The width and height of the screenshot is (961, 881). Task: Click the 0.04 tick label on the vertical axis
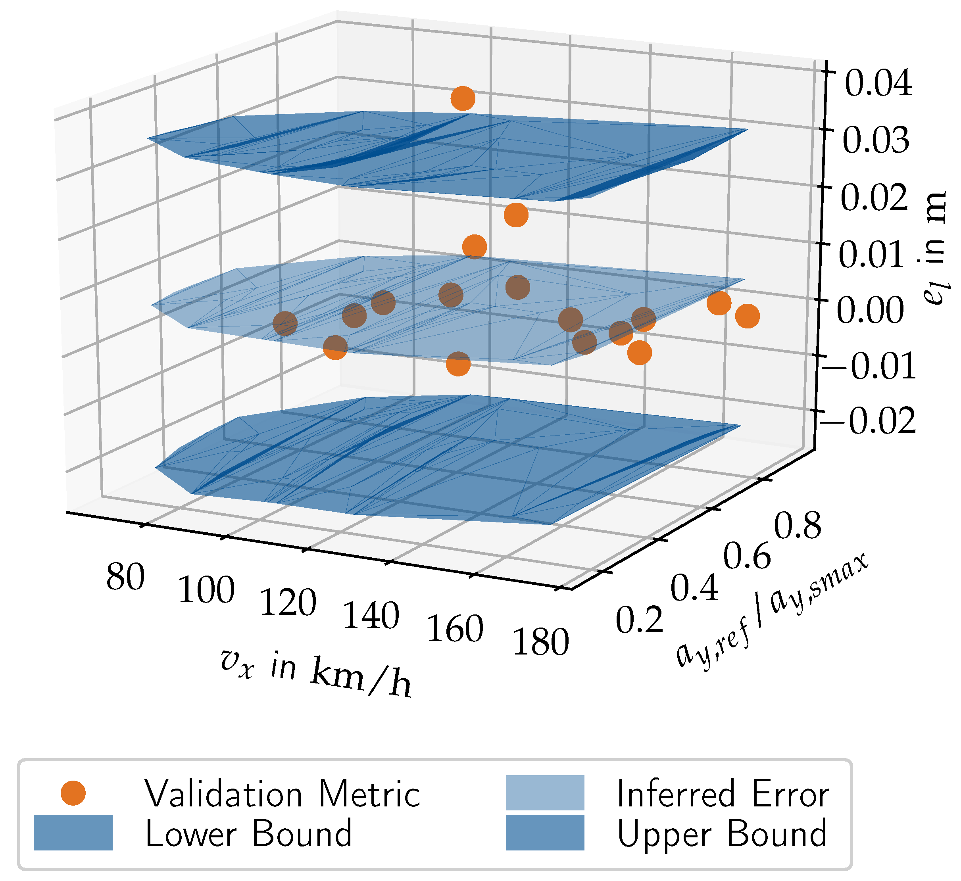point(878,84)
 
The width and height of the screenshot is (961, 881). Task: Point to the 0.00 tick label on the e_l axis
point(871,310)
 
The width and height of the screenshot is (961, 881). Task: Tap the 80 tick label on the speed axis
point(125,577)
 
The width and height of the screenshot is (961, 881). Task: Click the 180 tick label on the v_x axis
point(540,642)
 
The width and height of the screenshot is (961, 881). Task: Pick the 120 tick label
point(288,603)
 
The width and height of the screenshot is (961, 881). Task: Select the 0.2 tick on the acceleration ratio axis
point(639,620)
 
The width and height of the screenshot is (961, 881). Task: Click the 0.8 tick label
point(797,526)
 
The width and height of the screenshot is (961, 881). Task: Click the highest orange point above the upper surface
point(463,99)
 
